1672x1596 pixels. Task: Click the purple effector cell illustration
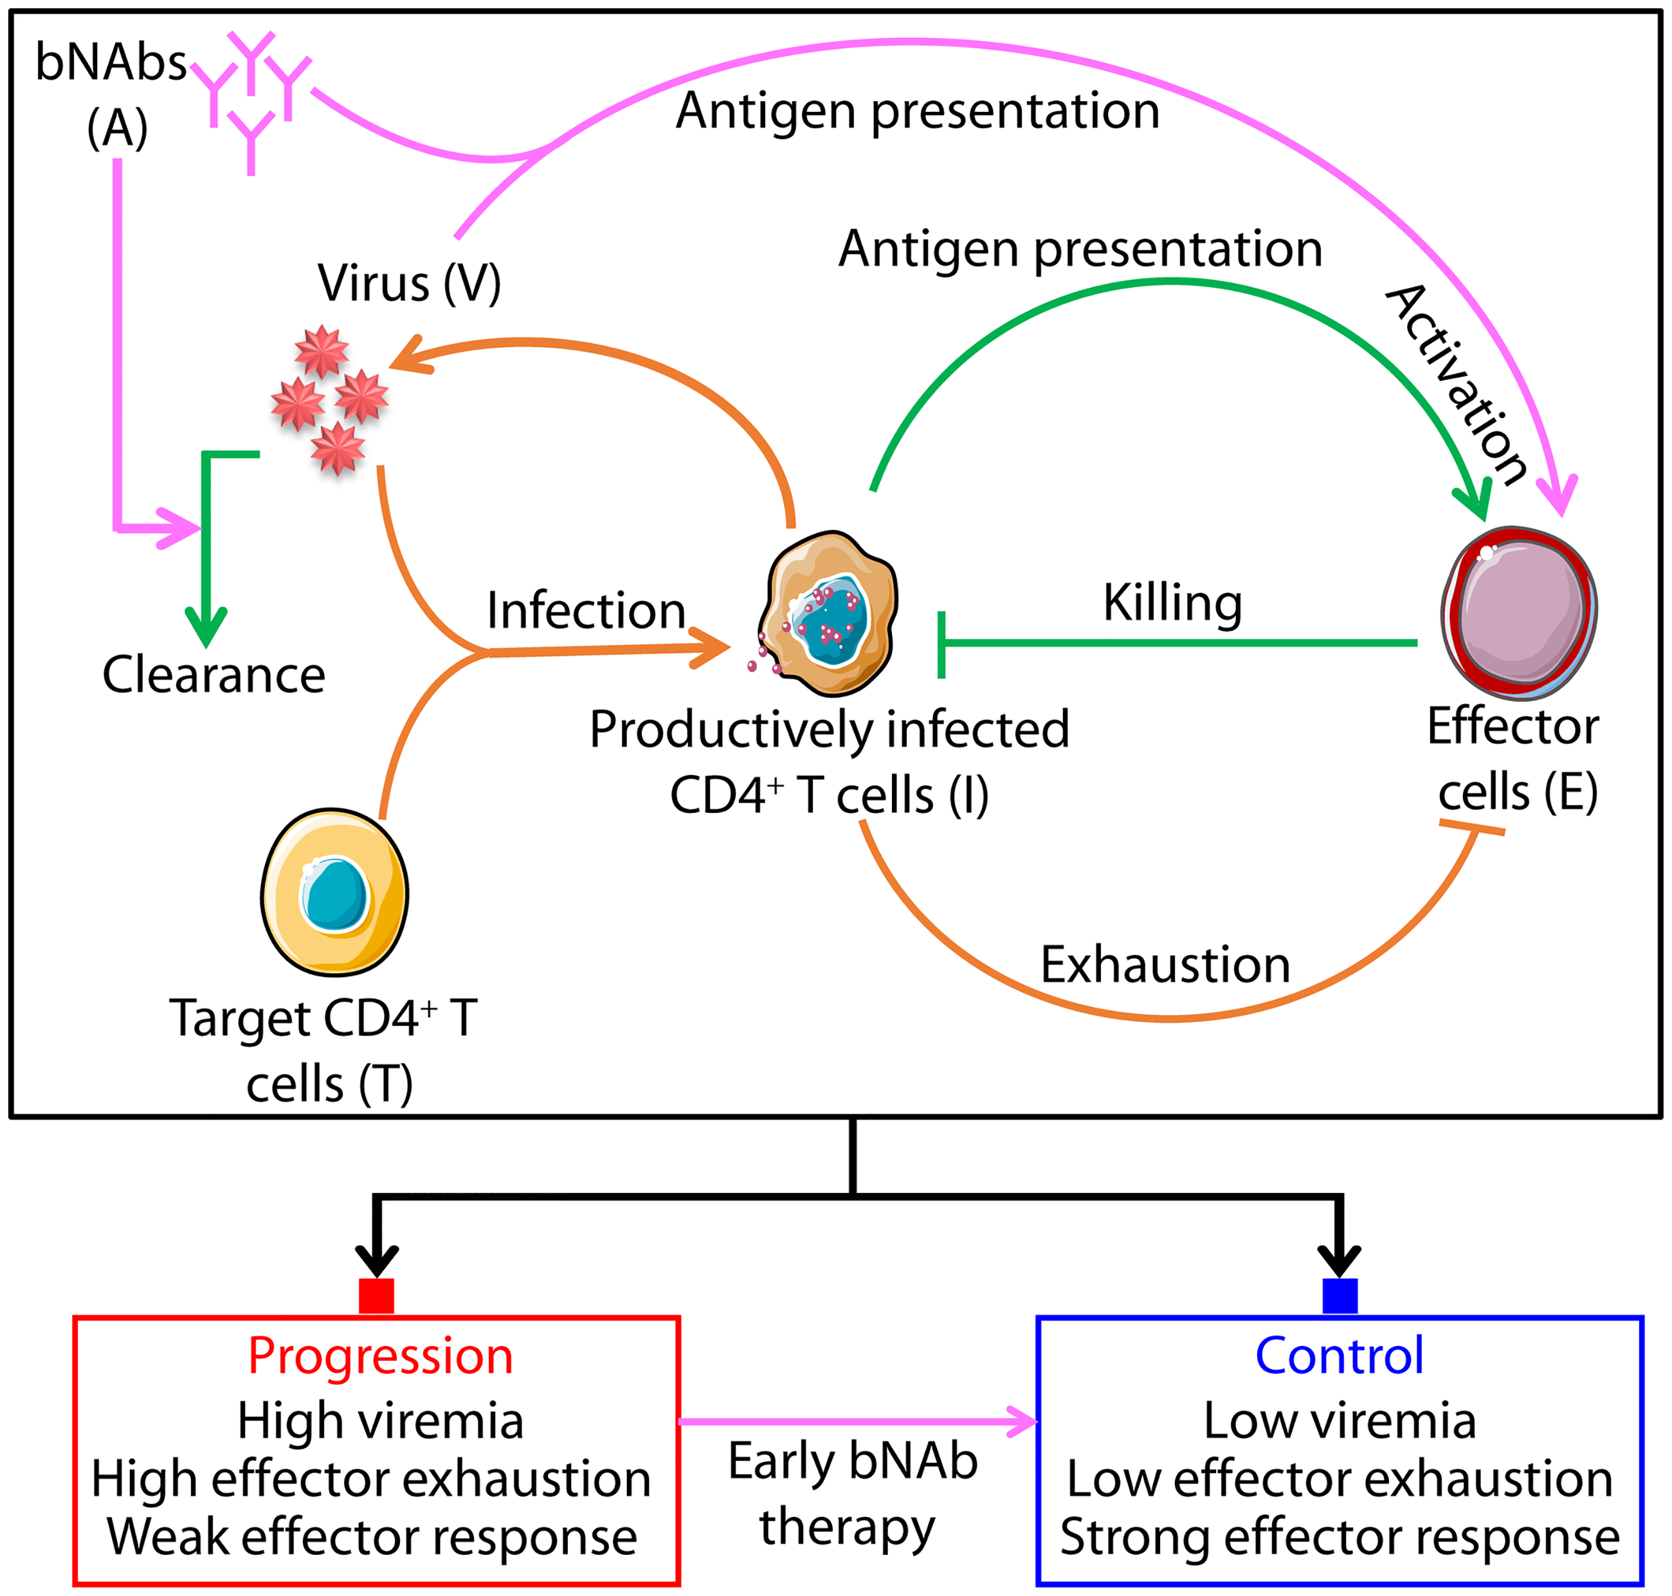click(x=1520, y=613)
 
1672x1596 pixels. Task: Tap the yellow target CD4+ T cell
click(x=334, y=892)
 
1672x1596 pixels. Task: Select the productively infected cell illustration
click(x=830, y=613)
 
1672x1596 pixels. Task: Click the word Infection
click(x=585, y=610)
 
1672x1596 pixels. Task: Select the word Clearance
click(x=214, y=675)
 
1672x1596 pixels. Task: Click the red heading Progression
click(x=380, y=1356)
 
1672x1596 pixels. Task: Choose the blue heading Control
click(x=1340, y=1356)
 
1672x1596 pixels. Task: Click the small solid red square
click(x=376, y=1296)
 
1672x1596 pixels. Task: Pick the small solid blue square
click(x=1340, y=1296)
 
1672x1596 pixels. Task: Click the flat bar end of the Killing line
click(x=941, y=644)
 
